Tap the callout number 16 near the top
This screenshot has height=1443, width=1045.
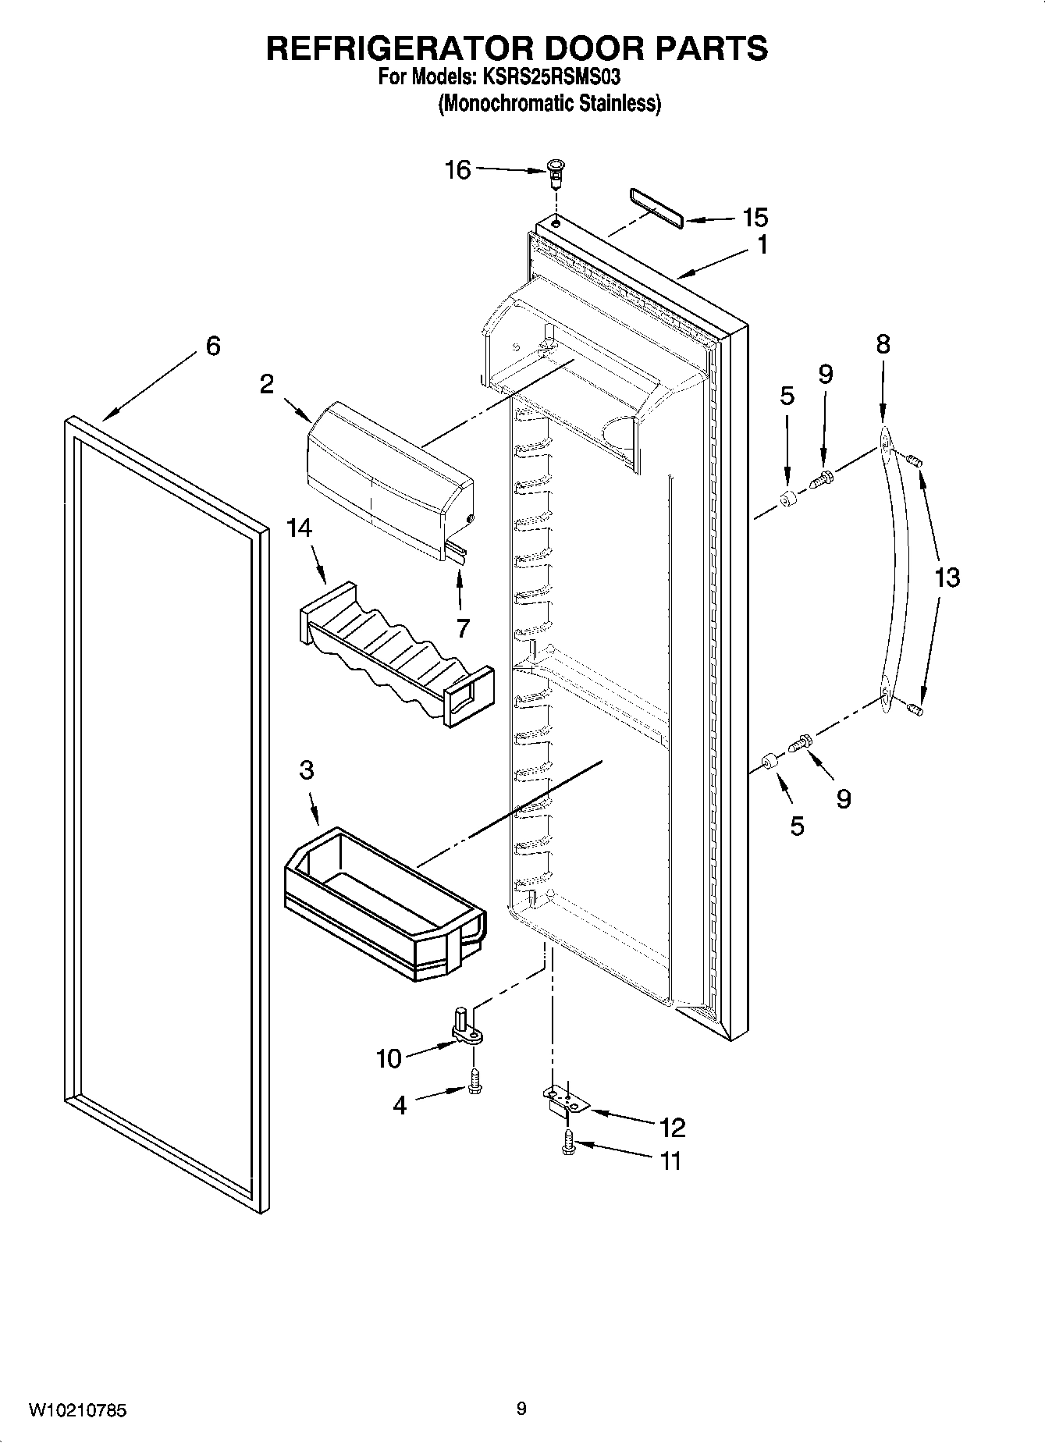pyautogui.click(x=458, y=169)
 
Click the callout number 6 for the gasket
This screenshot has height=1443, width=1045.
pyautogui.click(x=212, y=346)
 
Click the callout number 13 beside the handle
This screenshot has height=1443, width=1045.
pyautogui.click(x=947, y=578)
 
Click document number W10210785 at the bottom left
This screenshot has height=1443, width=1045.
pyautogui.click(x=78, y=1410)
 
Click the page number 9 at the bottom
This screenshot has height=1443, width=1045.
pyautogui.click(x=521, y=1409)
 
